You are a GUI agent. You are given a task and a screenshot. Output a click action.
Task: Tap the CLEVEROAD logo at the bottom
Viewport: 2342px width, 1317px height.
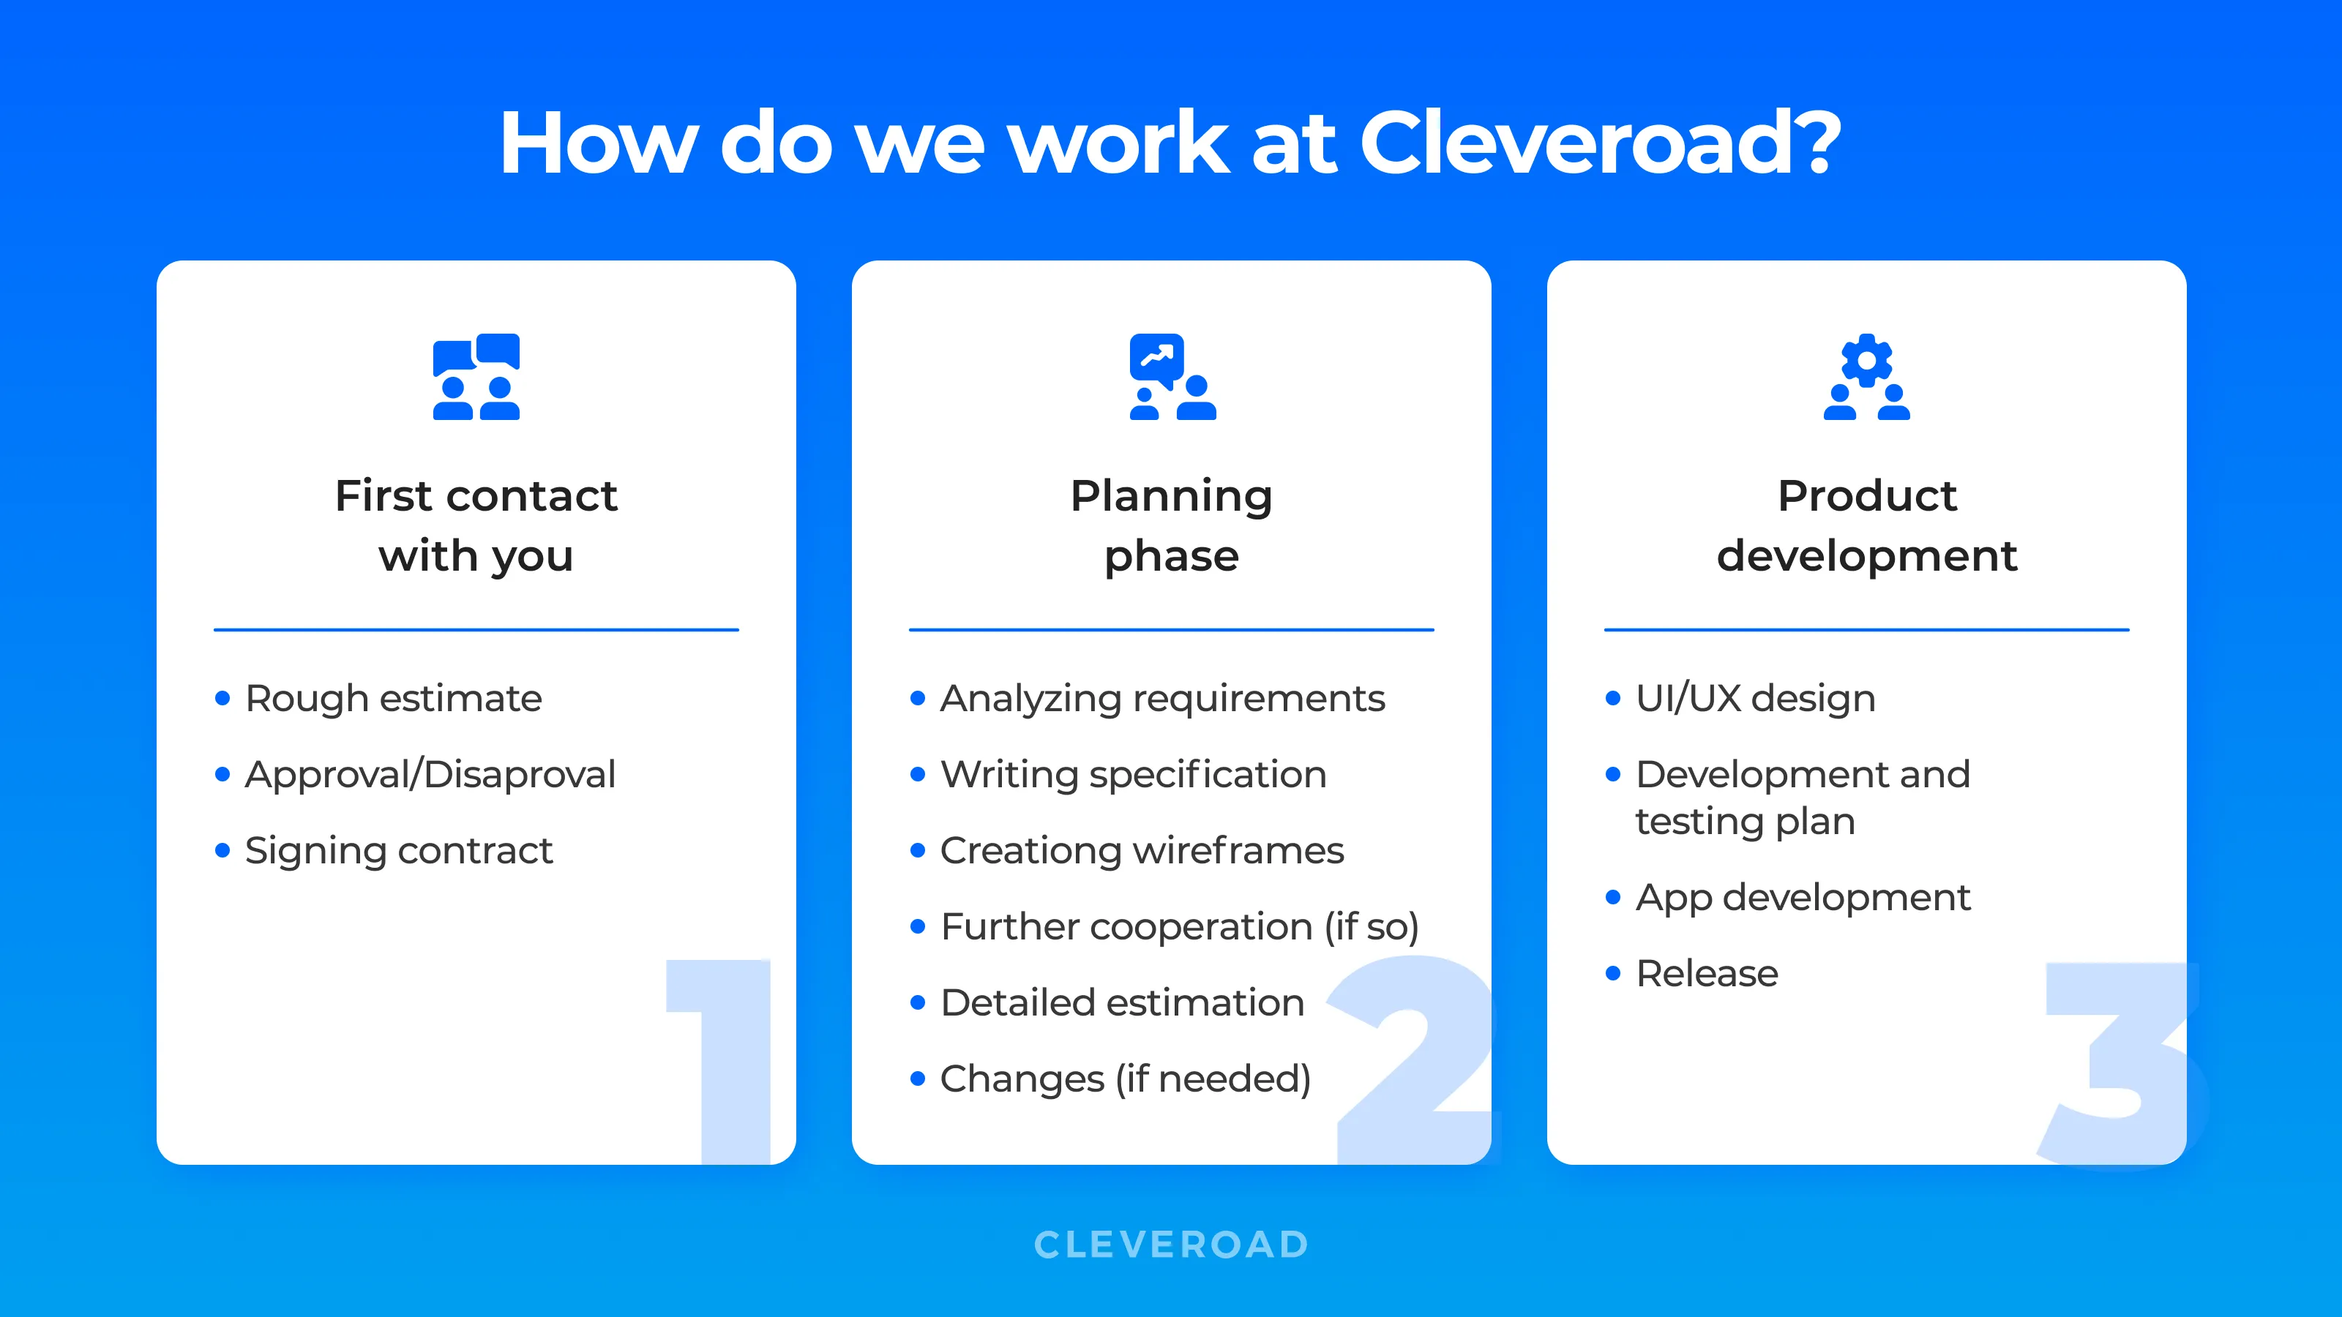[1171, 1245]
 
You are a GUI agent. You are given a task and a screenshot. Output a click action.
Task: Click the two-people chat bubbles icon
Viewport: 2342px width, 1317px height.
[476, 376]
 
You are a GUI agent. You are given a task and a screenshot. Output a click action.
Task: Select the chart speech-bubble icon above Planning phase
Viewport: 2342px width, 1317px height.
[1172, 376]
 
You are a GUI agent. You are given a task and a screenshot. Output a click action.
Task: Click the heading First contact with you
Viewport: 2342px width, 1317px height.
[476, 525]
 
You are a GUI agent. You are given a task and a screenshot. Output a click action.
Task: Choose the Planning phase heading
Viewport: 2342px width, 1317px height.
[1171, 525]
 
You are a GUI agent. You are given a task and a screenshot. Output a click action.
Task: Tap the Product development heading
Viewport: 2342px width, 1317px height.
[1866, 525]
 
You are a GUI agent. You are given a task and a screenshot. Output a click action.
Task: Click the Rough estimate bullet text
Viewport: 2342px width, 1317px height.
[393, 698]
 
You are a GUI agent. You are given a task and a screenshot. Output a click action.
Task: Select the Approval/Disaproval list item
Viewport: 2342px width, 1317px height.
[430, 774]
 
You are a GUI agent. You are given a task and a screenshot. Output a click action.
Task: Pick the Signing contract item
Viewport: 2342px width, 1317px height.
[398, 851]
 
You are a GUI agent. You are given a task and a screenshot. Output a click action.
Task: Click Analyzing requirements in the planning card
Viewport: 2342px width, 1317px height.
[1162, 698]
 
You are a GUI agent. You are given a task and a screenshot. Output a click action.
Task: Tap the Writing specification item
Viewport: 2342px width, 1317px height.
[1133, 774]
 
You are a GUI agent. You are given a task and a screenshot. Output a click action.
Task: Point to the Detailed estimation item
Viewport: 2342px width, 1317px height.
[1122, 1002]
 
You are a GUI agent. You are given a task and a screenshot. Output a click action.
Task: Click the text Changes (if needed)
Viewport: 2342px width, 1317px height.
[1126, 1079]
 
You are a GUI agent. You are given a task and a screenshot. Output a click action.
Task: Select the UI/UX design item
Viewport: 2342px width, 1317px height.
[1755, 698]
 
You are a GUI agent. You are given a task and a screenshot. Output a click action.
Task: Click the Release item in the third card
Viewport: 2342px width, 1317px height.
[1707, 973]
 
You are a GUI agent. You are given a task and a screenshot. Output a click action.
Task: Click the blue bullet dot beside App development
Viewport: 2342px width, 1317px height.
[1614, 897]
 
